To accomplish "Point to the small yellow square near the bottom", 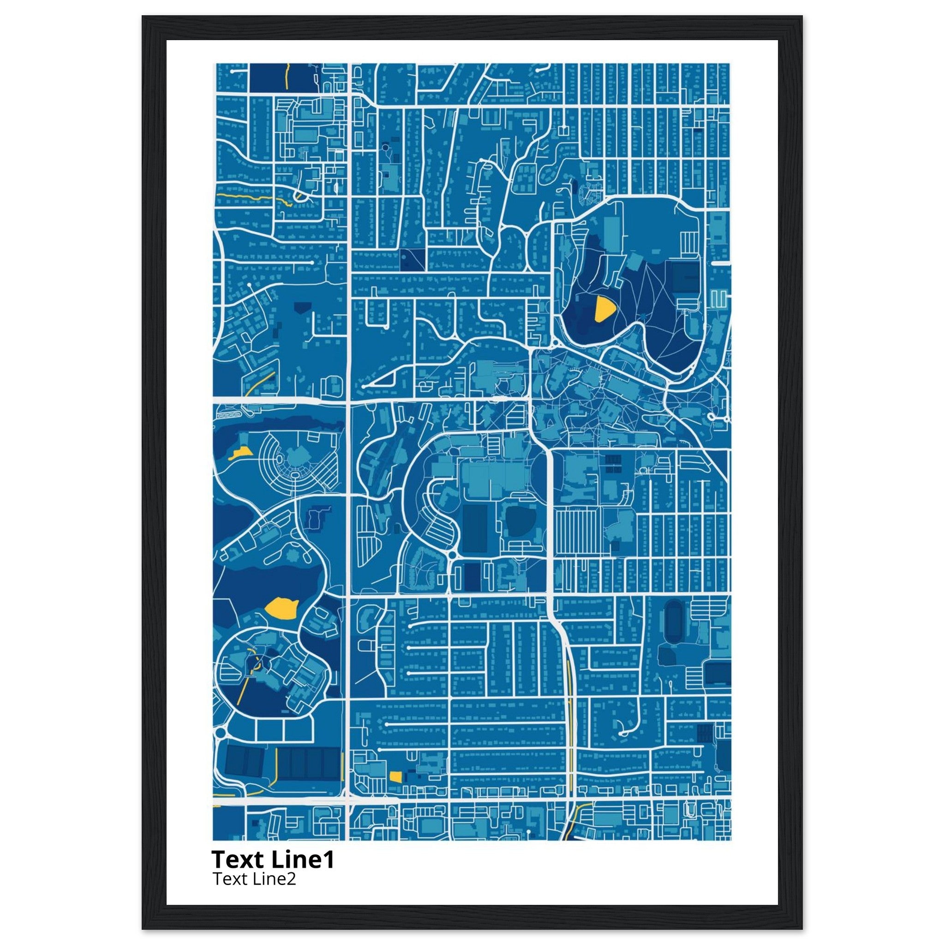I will (395, 776).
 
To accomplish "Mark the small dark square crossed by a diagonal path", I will (412, 260).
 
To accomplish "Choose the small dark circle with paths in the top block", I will (385, 147).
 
